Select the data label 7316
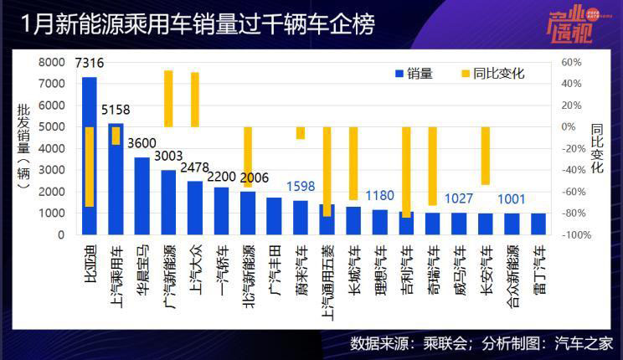pyautogui.click(x=90, y=64)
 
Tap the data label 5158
pyautogui.click(x=116, y=111)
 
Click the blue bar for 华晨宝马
pyautogui.click(x=142, y=196)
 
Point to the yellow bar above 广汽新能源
pyautogui.click(x=168, y=98)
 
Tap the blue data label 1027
pyautogui.click(x=458, y=199)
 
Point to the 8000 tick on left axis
pyautogui.click(x=52, y=63)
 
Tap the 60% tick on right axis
pyautogui.click(x=572, y=63)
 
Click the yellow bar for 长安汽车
pyautogui.click(x=485, y=156)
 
